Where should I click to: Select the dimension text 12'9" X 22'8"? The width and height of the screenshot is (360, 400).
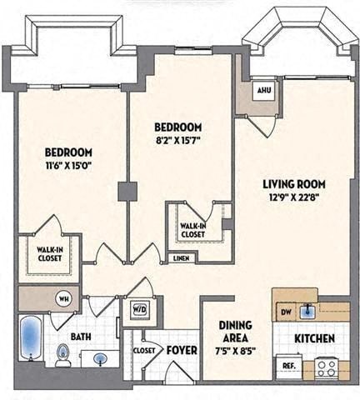(x=293, y=197)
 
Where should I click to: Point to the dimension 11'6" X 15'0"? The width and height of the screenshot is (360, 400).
(x=68, y=165)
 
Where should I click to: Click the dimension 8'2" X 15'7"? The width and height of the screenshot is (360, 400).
(x=180, y=139)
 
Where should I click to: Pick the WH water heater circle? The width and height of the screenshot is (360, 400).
(x=62, y=297)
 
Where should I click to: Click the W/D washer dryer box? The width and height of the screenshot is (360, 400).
(x=138, y=310)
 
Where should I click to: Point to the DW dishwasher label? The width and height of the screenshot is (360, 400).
(x=286, y=312)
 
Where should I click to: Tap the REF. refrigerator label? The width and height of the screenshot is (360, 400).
(x=288, y=364)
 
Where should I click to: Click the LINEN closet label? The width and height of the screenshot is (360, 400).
(x=181, y=258)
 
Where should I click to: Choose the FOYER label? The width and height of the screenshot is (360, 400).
(x=181, y=350)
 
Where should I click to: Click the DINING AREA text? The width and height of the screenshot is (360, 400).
(x=235, y=332)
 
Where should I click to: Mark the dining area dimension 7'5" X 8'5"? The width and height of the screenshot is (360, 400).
(x=235, y=352)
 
